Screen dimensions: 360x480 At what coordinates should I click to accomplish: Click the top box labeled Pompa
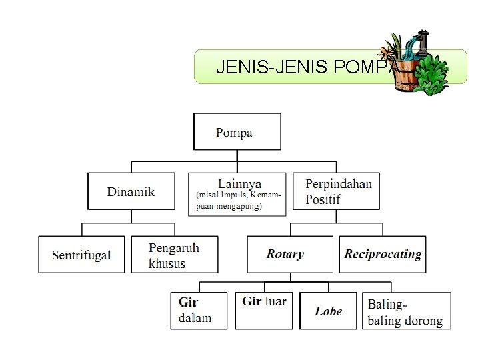tap(237, 131)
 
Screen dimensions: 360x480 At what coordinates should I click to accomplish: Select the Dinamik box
tap(131, 191)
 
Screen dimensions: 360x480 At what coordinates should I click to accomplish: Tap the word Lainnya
tap(239, 183)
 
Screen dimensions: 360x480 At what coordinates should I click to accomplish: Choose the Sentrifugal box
tap(82, 255)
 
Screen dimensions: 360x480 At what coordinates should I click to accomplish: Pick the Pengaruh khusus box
tap(175, 255)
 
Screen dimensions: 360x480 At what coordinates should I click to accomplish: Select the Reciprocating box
tap(383, 255)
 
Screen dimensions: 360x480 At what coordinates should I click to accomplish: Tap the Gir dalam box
tap(198, 310)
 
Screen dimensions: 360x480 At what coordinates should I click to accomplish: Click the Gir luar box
tap(263, 310)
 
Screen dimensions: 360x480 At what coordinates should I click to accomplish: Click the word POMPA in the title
tap(365, 67)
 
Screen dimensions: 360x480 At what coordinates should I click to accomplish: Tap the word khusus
tap(167, 263)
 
